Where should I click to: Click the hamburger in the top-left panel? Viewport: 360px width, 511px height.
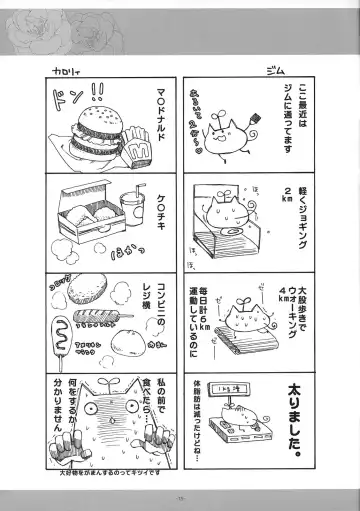click(98, 143)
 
